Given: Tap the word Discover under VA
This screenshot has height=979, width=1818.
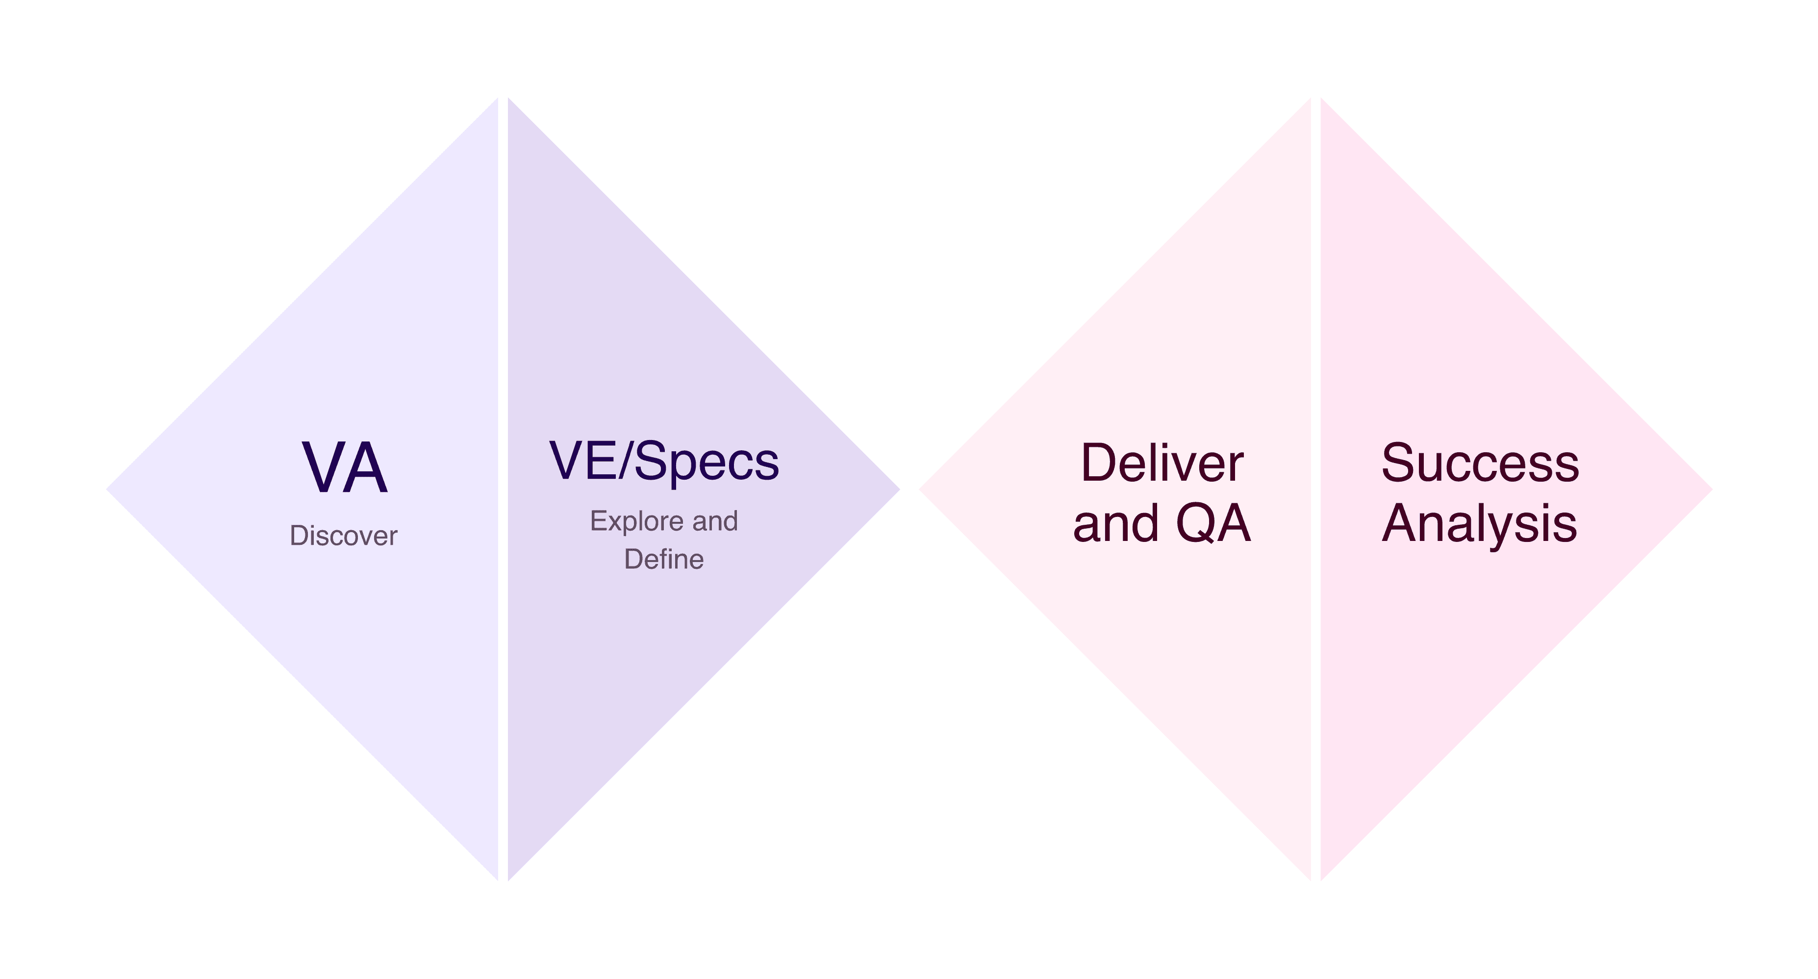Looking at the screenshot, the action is point(343,536).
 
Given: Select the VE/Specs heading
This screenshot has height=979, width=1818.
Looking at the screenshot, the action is point(664,461).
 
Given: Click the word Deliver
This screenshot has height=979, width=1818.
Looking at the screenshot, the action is point(1161,464).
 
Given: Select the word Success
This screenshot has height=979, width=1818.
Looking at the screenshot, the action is point(1480,464).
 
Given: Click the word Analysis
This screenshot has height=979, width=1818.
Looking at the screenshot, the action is point(1479,523).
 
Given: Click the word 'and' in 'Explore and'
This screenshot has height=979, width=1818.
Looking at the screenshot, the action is point(715,521).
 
